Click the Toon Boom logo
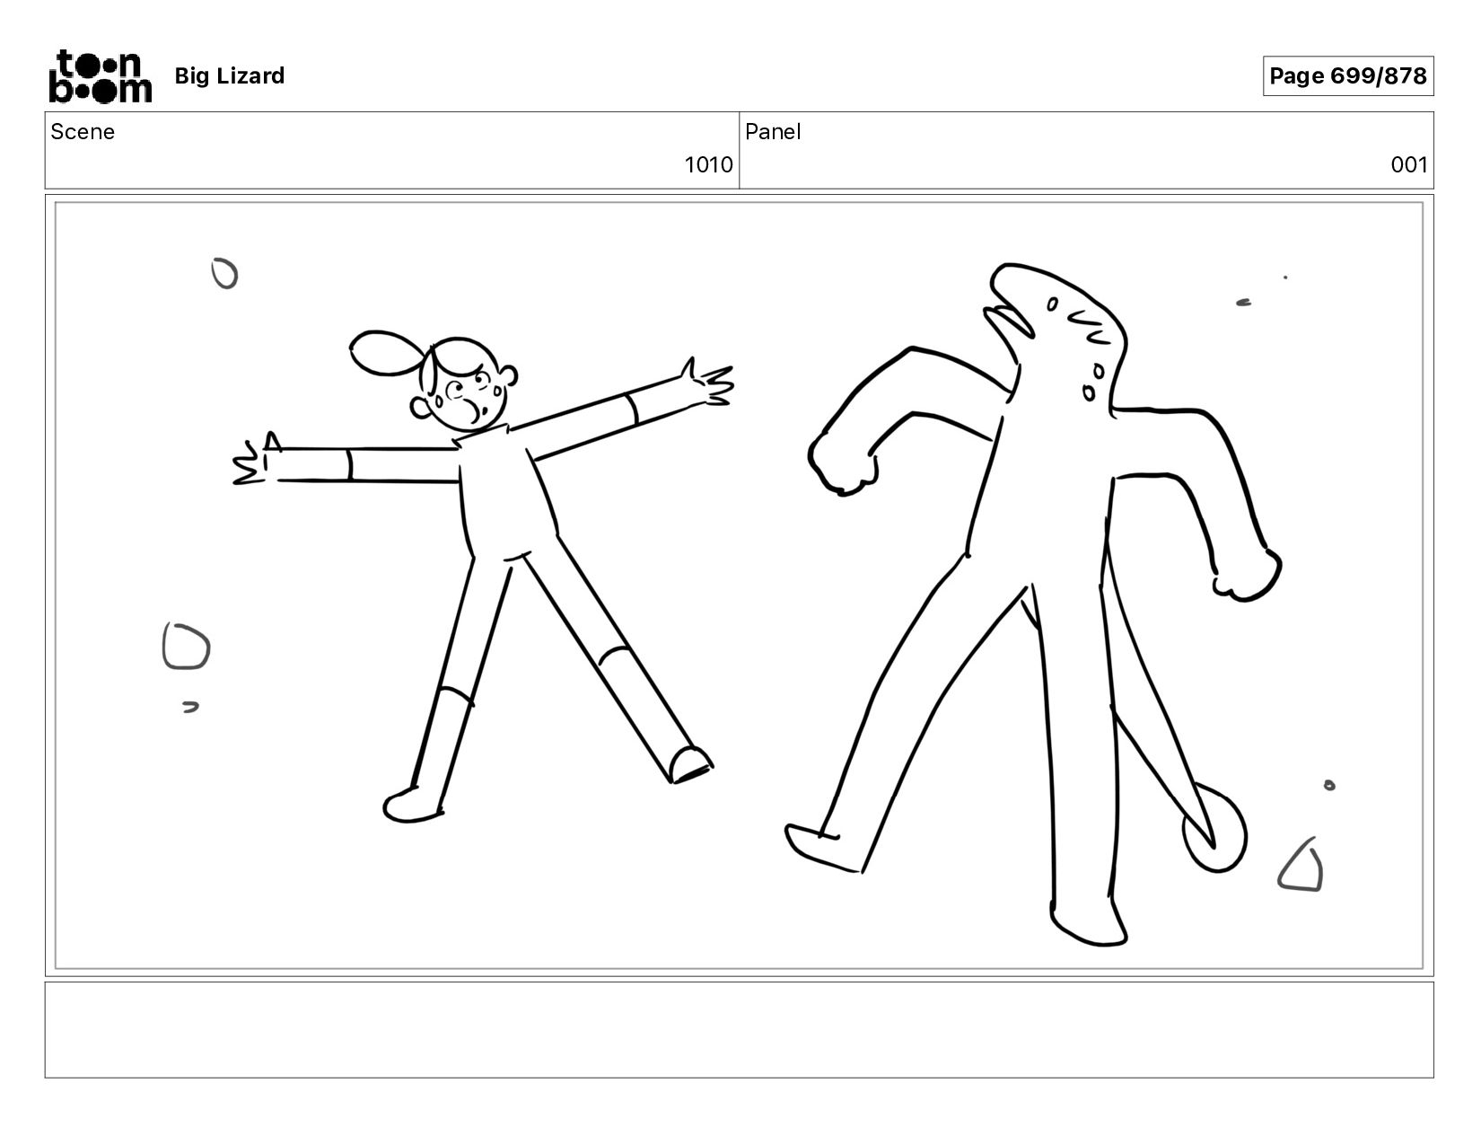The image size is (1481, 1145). tap(101, 75)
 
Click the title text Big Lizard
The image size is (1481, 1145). tap(229, 75)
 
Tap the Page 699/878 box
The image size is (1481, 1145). tap(1347, 75)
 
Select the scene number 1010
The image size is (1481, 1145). tap(708, 165)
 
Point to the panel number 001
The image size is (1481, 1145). tap(1409, 165)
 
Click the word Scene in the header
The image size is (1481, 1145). tap(83, 132)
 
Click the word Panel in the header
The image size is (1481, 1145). tap(772, 132)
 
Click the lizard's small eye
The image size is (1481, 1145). tap(1052, 304)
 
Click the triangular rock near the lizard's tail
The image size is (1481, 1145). tap(1301, 866)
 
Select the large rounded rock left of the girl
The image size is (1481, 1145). tap(186, 646)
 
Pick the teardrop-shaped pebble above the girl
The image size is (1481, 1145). tap(225, 274)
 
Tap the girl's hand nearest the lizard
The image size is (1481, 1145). tap(708, 384)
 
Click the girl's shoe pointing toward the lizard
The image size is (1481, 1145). tap(690, 764)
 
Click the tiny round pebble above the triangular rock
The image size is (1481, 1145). tap(1329, 786)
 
